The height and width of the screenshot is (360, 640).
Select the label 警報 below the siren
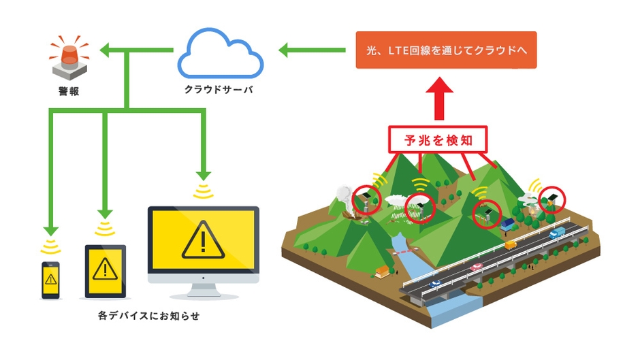tap(68, 91)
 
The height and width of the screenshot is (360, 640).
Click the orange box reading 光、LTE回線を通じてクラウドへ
tap(446, 50)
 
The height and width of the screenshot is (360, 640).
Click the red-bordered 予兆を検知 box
tap(438, 141)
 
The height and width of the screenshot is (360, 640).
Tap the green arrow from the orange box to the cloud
tap(310, 50)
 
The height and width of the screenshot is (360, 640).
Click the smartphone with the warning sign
tap(50, 279)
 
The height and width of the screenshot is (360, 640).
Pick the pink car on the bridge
tap(475, 266)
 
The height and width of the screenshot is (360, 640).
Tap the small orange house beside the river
tap(383, 272)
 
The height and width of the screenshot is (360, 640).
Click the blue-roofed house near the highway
tap(507, 225)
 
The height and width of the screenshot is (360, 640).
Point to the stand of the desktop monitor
tap(203, 291)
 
